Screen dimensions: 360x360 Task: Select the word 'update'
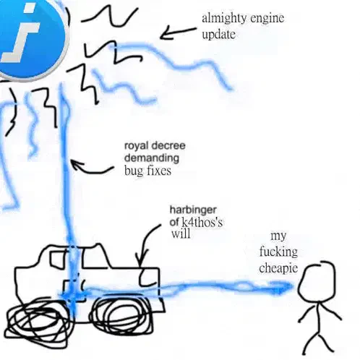pos(218,34)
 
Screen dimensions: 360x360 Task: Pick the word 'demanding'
pos(152,158)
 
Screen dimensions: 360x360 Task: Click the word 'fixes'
pos(159,171)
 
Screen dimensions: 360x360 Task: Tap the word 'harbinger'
pos(193,210)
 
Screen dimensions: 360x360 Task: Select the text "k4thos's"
pos(202,222)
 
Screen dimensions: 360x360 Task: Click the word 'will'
pos(181,233)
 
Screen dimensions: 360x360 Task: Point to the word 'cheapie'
pos(278,268)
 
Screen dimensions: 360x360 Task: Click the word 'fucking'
pos(278,252)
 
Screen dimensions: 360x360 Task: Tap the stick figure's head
pos(317,281)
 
